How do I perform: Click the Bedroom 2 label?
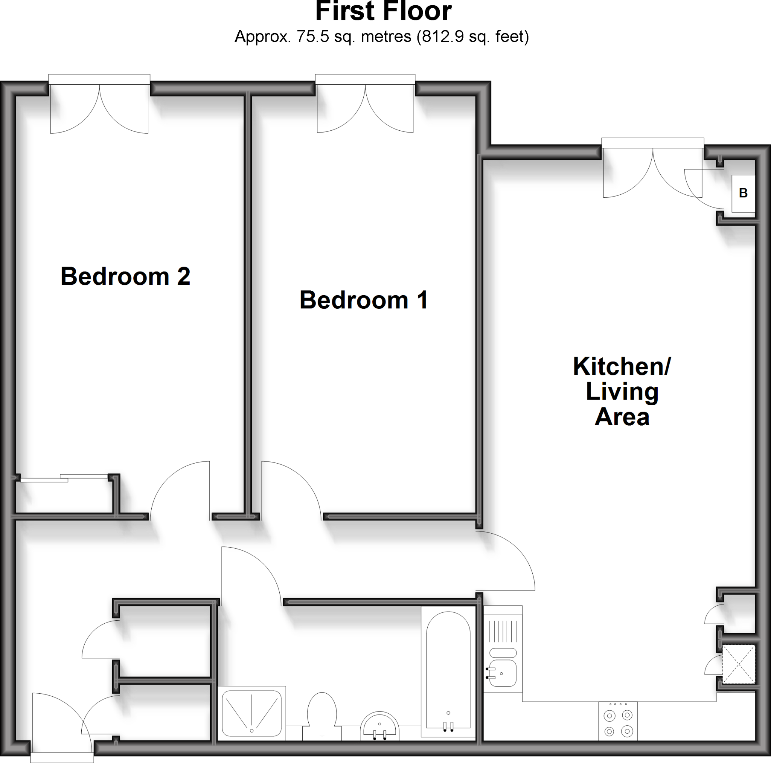125,276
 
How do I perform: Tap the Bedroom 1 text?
364,300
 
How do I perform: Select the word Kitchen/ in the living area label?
622,366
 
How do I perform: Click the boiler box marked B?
743,193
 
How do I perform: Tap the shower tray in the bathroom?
251,713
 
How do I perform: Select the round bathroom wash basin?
379,727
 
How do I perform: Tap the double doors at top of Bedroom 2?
99,108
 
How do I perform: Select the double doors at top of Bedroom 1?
365,108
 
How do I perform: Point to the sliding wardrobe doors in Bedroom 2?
64,478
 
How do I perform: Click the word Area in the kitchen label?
622,417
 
